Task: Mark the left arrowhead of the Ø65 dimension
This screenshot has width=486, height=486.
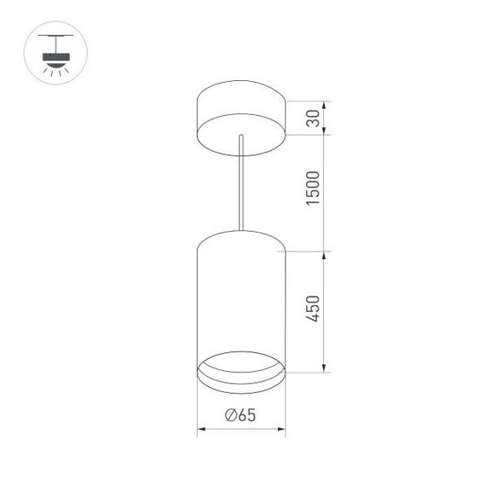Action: click(200, 427)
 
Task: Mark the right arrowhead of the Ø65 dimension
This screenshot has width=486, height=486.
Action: click(281, 427)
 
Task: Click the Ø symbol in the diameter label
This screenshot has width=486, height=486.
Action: click(231, 415)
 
